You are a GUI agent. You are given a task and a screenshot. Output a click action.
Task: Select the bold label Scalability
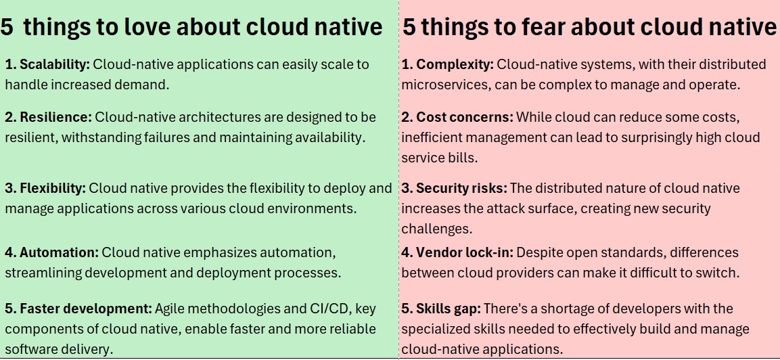54,65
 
